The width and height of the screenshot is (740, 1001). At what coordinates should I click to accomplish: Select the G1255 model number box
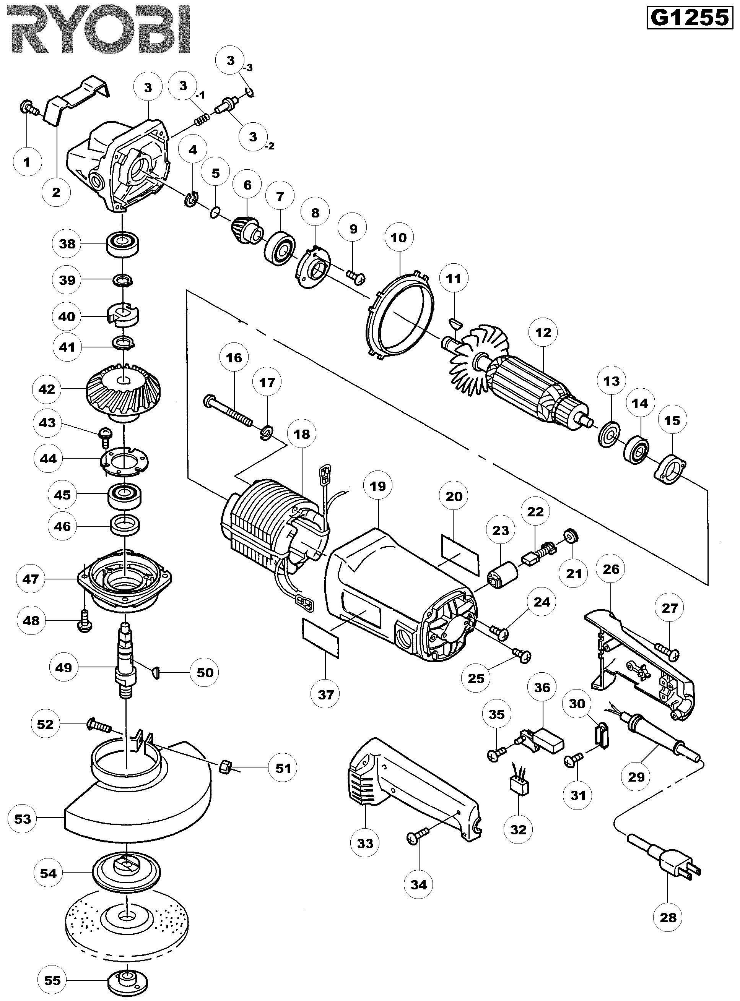689,18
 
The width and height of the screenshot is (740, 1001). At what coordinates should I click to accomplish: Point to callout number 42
47,389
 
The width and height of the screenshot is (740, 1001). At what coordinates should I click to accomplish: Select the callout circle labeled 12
543,333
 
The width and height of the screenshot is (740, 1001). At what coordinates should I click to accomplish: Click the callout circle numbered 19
377,486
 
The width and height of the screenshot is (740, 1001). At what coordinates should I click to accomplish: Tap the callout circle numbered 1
27,162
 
